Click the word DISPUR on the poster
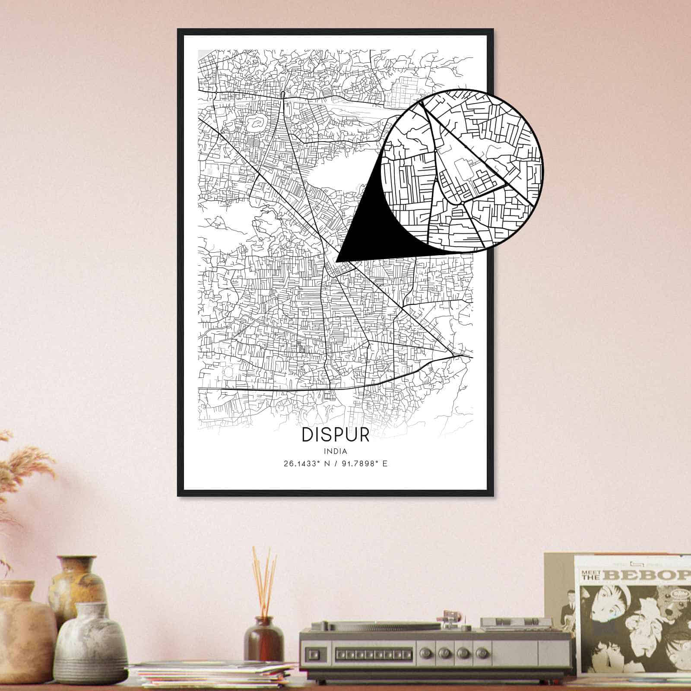tap(336, 435)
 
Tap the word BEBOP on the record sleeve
tap(648, 575)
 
